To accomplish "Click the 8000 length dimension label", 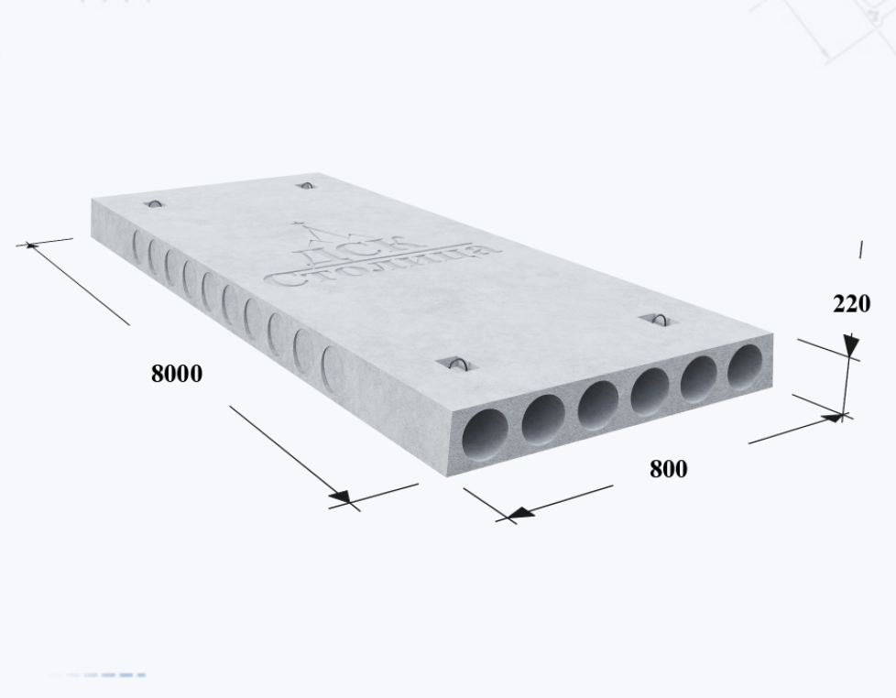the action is pos(177,374).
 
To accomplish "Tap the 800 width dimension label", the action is pos(669,469).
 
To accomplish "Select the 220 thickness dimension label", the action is pos(851,303).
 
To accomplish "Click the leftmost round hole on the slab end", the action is pos(486,435).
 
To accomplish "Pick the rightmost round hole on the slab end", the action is pos(745,367).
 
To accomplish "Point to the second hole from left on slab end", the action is pos(543,420).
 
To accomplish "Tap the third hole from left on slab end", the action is pos(597,405).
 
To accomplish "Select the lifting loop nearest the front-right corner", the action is pos(659,320).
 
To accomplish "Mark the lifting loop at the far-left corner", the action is pos(154,203).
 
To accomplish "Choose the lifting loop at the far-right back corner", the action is pos(306,186).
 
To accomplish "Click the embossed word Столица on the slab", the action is pos(382,267).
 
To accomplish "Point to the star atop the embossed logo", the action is pos(297,223).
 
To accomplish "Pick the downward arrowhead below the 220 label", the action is pos(851,346).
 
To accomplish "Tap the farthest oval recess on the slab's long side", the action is pos(137,246).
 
